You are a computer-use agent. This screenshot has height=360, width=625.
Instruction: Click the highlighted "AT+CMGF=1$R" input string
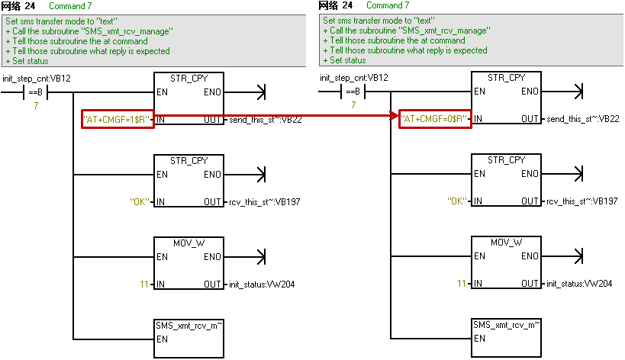point(118,120)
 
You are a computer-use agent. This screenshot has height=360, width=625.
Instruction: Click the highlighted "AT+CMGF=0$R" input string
point(435,120)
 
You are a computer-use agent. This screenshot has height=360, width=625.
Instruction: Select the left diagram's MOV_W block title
point(188,243)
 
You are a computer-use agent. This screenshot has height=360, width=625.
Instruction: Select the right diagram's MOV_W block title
point(506,243)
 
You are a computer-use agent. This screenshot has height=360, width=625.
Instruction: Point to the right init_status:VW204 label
point(579,284)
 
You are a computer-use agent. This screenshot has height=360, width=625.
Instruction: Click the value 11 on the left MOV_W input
point(144,284)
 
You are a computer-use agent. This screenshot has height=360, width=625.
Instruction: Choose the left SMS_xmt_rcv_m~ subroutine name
point(188,325)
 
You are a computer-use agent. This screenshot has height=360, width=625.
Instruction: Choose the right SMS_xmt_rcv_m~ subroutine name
point(506,325)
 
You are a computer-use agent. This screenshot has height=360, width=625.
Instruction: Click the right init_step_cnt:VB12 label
point(354,79)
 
